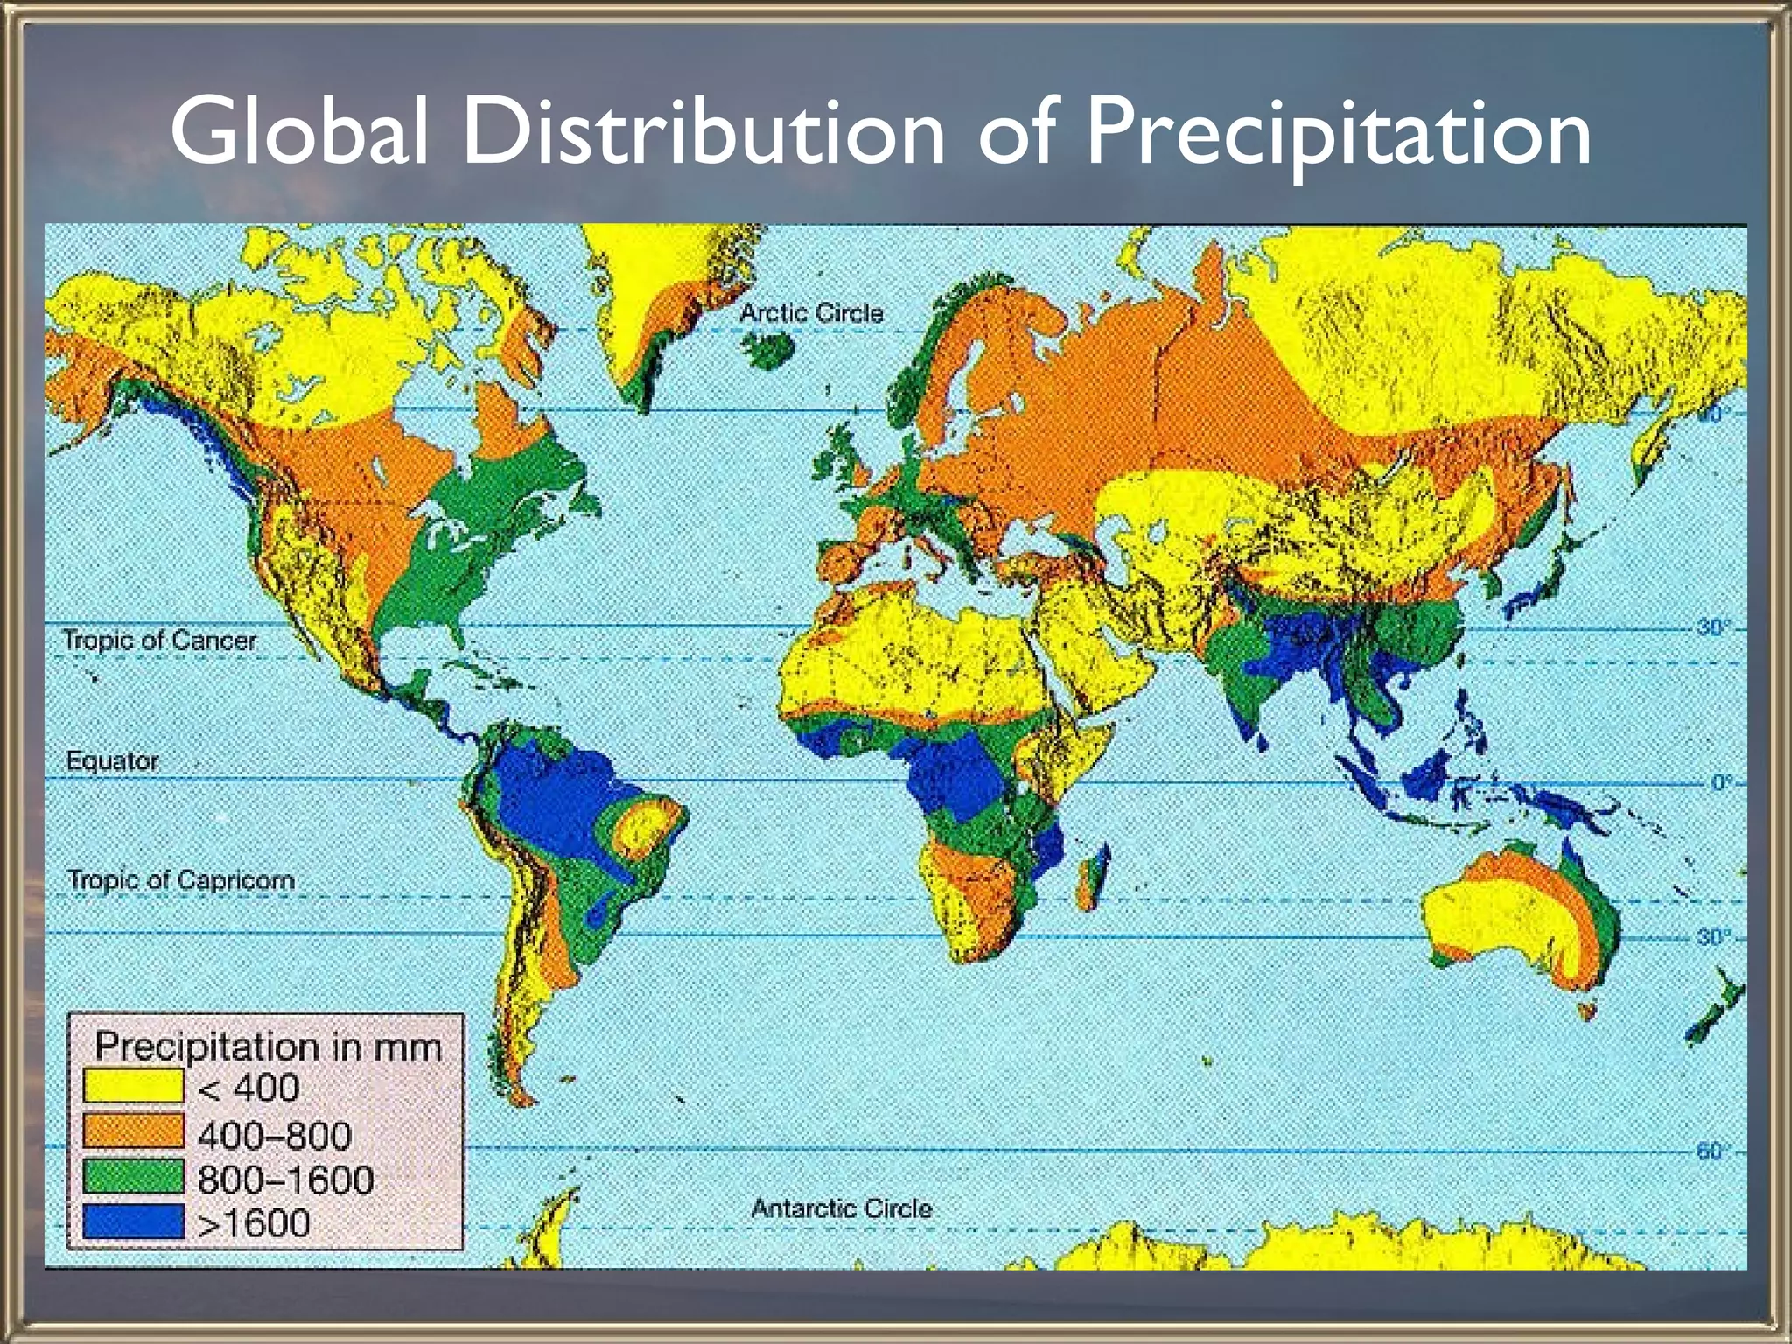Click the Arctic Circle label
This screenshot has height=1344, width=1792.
(811, 313)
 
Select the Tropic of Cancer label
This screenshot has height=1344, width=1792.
(159, 640)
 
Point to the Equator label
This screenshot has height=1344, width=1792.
(112, 760)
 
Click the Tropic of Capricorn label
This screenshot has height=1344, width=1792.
(180, 879)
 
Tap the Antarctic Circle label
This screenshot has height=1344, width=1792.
(841, 1208)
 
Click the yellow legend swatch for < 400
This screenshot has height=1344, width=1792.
(133, 1087)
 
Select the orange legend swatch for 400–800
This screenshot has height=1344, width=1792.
(133, 1131)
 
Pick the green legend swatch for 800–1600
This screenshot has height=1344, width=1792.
(133, 1177)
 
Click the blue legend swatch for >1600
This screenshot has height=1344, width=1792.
(133, 1221)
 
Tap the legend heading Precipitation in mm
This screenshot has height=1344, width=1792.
(268, 1046)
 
